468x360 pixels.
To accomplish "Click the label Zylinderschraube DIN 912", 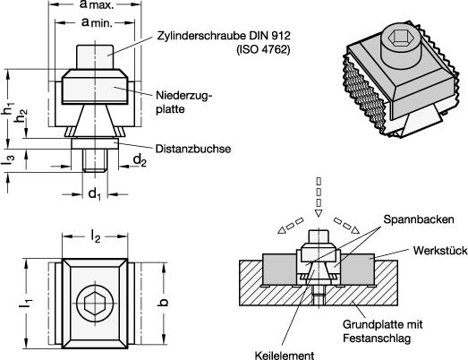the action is click(x=224, y=36).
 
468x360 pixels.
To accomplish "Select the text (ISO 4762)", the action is click(x=263, y=49).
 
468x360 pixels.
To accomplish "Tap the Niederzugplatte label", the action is click(x=183, y=102).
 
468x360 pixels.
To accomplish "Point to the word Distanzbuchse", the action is click(x=193, y=149).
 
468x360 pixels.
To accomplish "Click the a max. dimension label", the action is click(x=97, y=4).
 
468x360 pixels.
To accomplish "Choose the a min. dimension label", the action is click(x=98, y=22).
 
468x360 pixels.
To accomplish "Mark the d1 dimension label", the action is click(x=94, y=194).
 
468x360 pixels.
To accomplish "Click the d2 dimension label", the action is click(x=140, y=160).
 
